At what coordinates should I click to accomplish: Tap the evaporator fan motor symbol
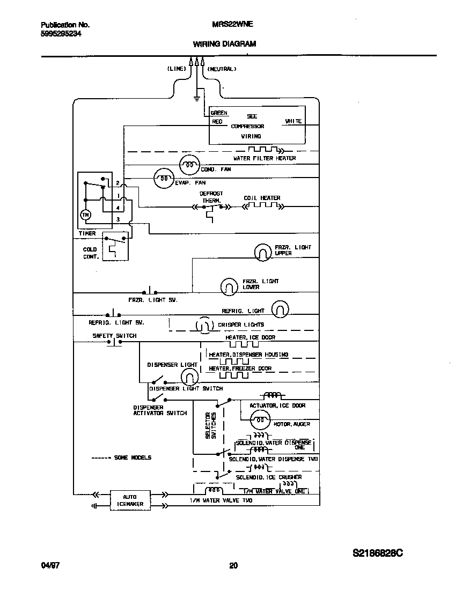coord(164,178)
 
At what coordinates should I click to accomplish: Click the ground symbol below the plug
coord(197,98)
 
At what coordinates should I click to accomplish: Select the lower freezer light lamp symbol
coord(229,286)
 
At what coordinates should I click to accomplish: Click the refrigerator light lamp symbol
coord(280,309)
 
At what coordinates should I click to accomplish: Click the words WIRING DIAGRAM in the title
coord(224,44)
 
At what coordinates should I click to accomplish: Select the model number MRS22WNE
coord(229,25)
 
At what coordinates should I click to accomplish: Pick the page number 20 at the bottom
coord(233,565)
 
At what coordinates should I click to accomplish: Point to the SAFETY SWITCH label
coord(114,336)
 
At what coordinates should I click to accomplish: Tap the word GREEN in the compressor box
coord(219,113)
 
